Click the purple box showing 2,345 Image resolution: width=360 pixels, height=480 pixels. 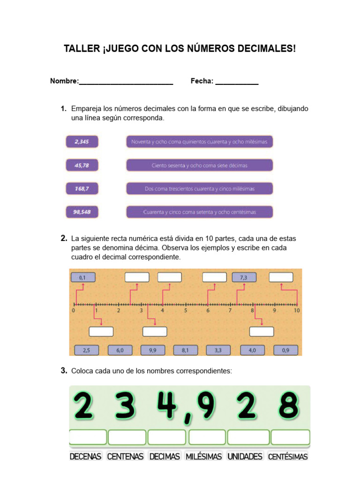click(82, 141)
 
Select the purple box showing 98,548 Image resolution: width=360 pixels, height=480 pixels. click(82, 212)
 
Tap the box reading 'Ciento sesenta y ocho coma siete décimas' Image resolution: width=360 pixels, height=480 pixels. click(199, 165)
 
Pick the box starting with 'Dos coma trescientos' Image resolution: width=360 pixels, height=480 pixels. click(199, 189)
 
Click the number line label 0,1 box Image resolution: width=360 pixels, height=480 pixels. click(82, 277)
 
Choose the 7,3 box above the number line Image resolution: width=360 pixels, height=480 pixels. click(243, 277)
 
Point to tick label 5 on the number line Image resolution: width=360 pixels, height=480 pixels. click(186, 310)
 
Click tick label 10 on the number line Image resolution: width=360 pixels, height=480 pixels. click(297, 310)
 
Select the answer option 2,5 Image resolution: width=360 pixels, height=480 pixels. click(86, 350)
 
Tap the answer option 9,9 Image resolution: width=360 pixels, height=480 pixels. click(152, 350)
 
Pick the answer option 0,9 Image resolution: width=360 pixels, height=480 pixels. click(285, 350)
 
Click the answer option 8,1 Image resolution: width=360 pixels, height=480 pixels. click(185, 350)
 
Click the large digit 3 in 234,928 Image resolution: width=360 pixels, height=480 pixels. click(124, 406)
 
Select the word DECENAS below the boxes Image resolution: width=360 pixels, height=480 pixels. click(86, 456)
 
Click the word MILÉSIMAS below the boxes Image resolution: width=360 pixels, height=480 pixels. click(203, 456)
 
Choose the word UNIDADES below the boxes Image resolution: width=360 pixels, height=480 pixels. click(245, 456)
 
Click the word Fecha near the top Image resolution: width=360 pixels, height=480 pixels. click(202, 81)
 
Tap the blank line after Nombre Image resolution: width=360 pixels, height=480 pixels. click(126, 82)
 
